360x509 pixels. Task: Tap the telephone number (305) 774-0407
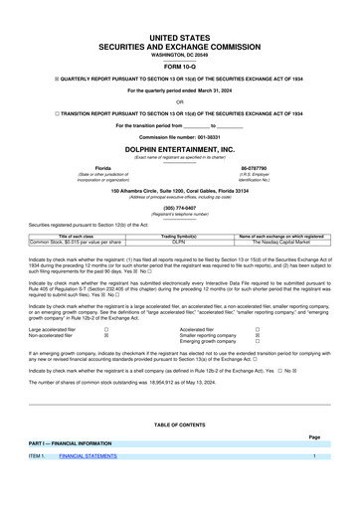pos(180,207)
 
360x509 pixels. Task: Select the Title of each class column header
pos(77,236)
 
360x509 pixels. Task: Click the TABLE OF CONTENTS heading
pos(180,424)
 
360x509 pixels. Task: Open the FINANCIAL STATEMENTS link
pos(89,455)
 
